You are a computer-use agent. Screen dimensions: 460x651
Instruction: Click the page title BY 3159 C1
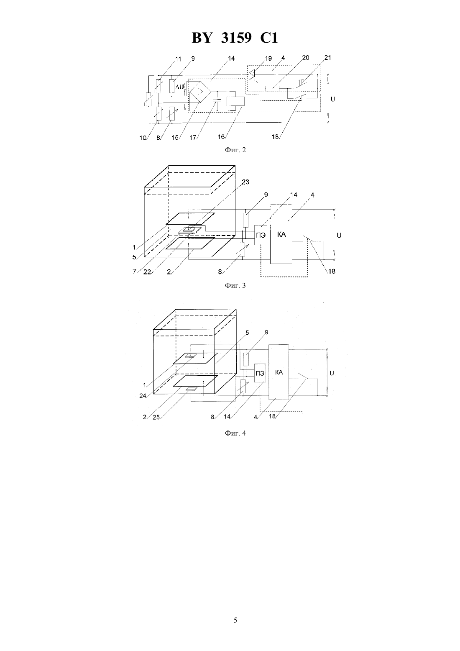tap(235, 38)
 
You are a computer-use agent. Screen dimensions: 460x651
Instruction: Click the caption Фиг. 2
tap(235, 150)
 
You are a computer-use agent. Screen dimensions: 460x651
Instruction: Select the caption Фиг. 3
tap(235, 285)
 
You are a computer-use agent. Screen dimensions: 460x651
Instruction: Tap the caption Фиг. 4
tap(235, 433)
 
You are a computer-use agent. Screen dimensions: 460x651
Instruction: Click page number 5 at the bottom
tap(235, 620)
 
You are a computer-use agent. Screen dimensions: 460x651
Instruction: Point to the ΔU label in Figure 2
tap(179, 87)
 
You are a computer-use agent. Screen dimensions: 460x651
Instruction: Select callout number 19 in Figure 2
tap(268, 59)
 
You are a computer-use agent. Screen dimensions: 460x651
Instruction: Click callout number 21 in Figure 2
tap(327, 58)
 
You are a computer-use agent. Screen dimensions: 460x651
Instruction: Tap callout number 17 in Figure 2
tap(193, 138)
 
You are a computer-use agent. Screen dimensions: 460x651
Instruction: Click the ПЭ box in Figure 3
tap(261, 235)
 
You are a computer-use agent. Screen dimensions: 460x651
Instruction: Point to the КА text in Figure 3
tap(281, 234)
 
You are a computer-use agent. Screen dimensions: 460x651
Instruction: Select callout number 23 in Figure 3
tap(245, 182)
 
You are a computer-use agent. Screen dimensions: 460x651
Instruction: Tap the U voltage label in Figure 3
tap(339, 235)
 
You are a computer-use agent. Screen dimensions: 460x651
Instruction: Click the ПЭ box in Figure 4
tap(260, 373)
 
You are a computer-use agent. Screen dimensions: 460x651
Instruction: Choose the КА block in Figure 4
tap(279, 372)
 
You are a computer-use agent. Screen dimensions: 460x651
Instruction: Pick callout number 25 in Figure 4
tap(156, 418)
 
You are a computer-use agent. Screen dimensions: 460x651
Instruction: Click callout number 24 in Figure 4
tap(143, 395)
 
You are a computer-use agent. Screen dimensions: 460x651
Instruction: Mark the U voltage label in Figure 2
tap(333, 99)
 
